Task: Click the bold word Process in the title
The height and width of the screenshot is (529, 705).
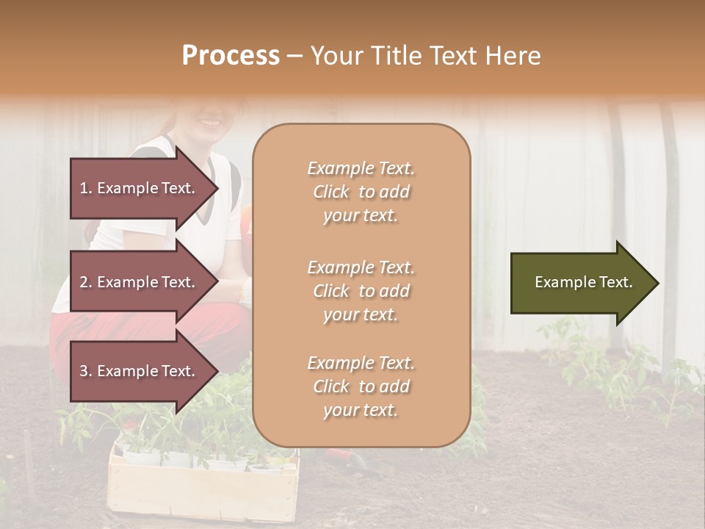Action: pos(231,56)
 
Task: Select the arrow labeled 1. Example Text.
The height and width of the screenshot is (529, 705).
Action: pos(140,188)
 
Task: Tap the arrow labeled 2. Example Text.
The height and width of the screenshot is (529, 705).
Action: pos(140,282)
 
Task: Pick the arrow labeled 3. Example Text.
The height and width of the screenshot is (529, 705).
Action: pos(140,371)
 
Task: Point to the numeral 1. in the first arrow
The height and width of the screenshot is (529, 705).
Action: pos(86,188)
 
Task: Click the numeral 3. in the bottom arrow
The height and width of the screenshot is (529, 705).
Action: pos(86,371)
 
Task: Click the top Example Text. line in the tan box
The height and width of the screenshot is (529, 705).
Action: pos(361,168)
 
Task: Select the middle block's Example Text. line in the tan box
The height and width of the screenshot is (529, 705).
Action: pos(361,267)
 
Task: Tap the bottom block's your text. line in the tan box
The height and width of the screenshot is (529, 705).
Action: pos(361,411)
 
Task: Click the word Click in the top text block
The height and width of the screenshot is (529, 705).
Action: pos(331,192)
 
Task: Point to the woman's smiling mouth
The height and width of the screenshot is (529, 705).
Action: pos(211,121)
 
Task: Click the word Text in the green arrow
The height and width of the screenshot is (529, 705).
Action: pos(615,282)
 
